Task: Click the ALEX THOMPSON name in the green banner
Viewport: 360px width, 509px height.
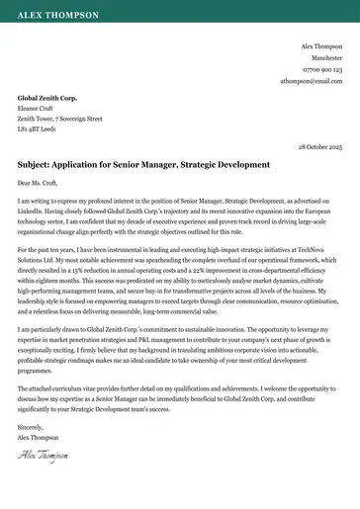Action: (x=58, y=17)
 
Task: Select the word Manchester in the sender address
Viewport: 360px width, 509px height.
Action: (x=325, y=58)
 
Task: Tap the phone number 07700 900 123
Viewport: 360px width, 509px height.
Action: (x=322, y=70)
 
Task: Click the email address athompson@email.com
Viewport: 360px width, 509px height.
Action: (x=311, y=81)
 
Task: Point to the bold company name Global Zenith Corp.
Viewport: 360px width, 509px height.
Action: (x=47, y=99)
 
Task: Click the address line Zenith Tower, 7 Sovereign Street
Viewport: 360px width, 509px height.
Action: (x=60, y=119)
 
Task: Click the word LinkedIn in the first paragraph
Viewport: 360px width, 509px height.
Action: (x=30, y=210)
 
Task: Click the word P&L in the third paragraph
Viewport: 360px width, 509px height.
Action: (x=129, y=336)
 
